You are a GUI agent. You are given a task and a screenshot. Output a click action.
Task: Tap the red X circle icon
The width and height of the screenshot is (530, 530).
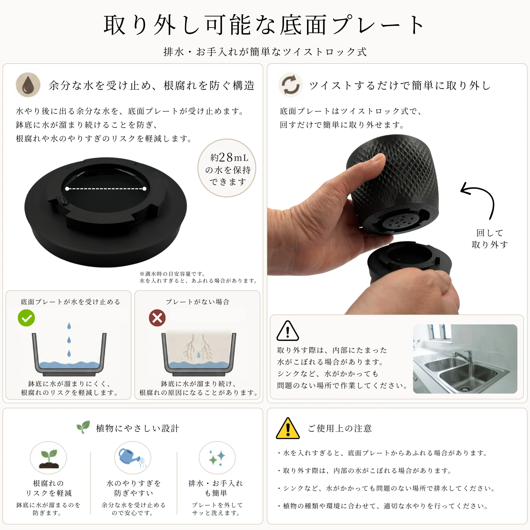tap(157, 318)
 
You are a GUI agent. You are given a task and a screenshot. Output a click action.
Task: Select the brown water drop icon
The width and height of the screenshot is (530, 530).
tap(28, 85)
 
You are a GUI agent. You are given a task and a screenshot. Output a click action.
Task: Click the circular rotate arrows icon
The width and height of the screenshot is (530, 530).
tap(290, 85)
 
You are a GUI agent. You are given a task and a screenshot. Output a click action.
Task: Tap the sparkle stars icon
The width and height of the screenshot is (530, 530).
tap(217, 458)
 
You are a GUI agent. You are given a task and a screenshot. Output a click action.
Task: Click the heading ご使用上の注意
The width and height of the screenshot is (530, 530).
tap(340, 428)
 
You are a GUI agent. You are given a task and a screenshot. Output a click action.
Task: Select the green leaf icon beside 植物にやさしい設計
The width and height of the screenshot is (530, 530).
tap(83, 427)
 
